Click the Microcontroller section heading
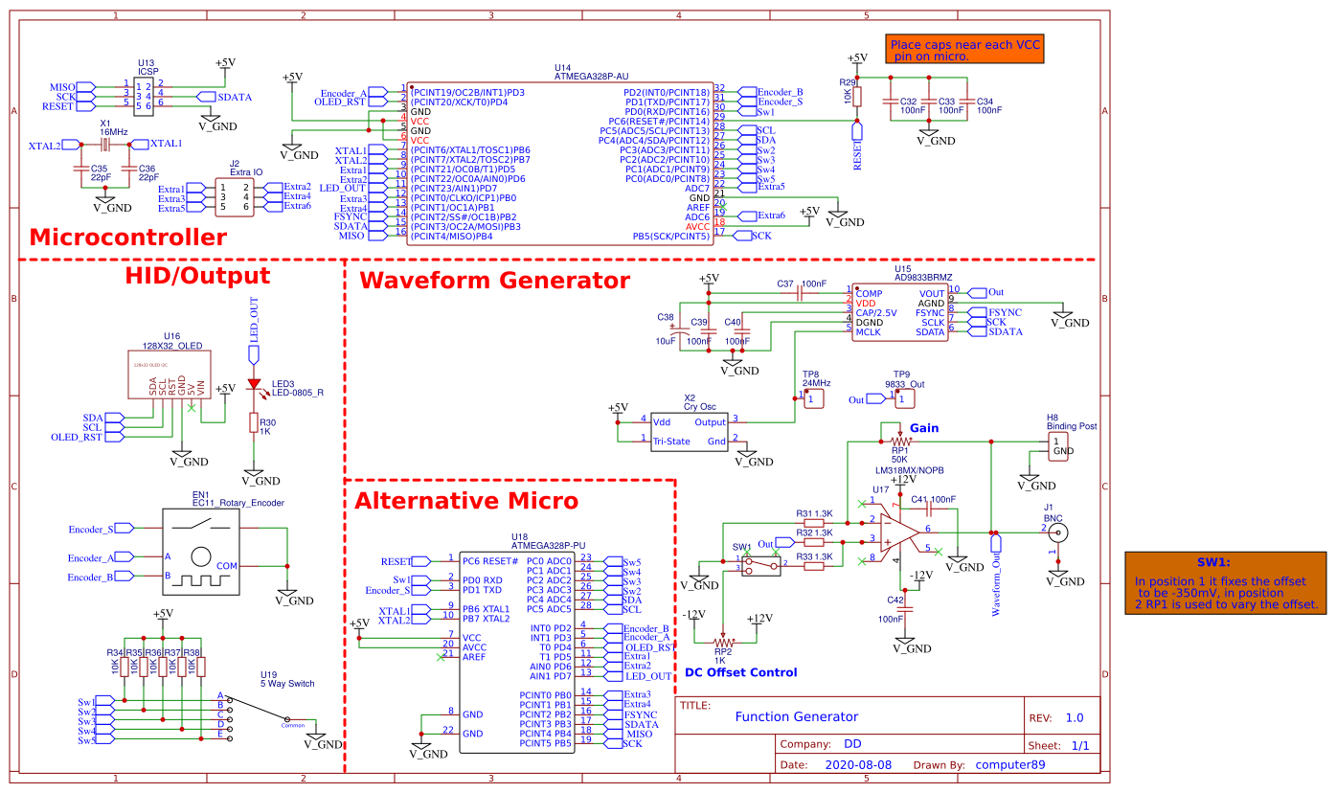(128, 238)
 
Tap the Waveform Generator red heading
(494, 281)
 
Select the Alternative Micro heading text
(466, 501)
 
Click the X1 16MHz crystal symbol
(105, 145)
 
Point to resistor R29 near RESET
(857, 97)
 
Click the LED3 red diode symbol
(254, 384)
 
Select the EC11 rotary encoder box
(201, 553)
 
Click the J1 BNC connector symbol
(1060, 531)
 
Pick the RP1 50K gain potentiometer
(898, 441)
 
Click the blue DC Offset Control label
(740, 672)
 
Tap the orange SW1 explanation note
(1225, 583)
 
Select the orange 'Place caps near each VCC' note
(962, 50)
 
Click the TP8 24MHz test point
(813, 397)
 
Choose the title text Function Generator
(796, 716)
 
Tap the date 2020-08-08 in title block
(857, 765)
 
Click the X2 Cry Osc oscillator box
(689, 431)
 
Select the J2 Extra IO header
(234, 197)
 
